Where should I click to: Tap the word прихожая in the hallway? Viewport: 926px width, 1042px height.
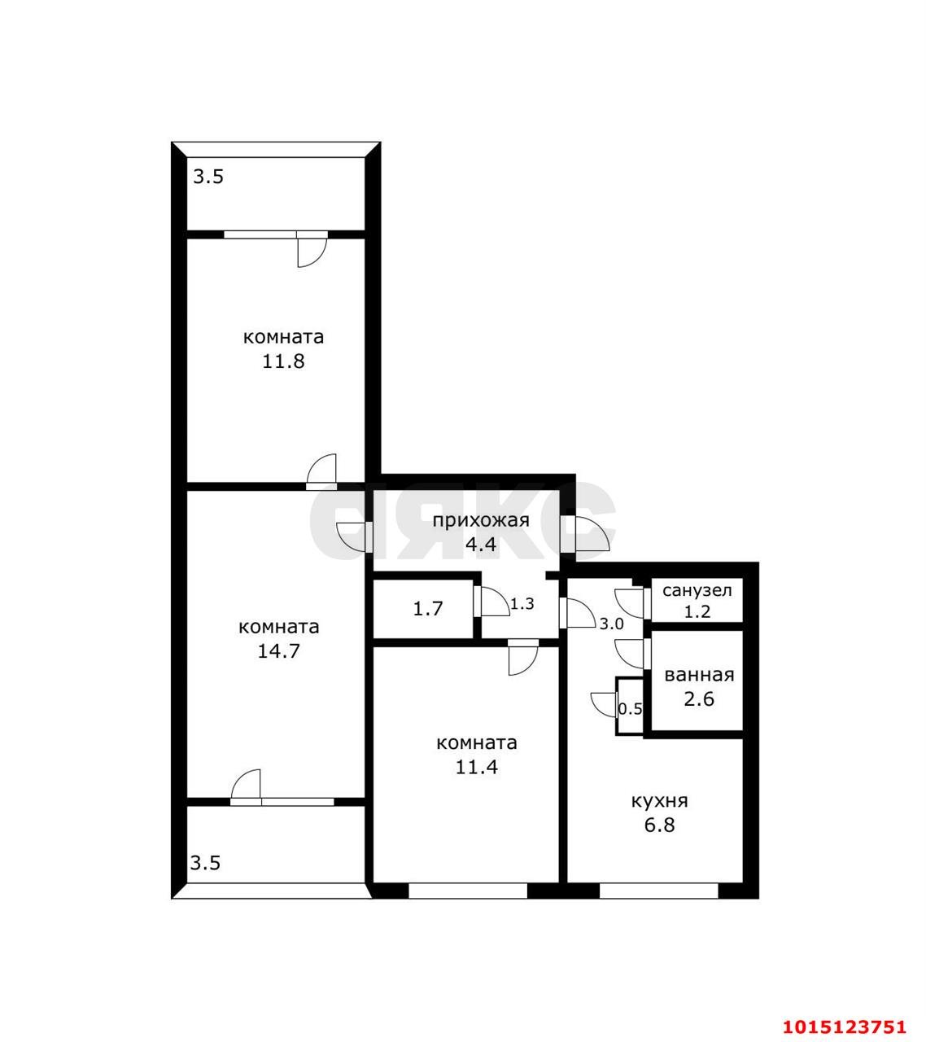[x=481, y=521]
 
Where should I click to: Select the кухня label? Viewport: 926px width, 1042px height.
[x=659, y=801]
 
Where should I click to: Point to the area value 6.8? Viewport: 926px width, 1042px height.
[x=659, y=825]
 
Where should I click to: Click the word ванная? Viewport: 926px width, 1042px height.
[x=699, y=676]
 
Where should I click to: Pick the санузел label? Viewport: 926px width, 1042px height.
[x=697, y=591]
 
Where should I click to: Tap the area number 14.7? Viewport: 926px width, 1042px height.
[x=278, y=651]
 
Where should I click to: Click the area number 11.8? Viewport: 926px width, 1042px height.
[x=283, y=361]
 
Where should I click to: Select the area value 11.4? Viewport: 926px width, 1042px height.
[x=477, y=768]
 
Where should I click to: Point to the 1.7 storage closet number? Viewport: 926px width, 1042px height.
[x=428, y=609]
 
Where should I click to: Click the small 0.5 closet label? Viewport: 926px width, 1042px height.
[x=631, y=709]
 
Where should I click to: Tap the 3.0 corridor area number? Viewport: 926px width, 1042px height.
[x=611, y=624]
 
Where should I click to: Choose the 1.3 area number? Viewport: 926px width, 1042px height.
[x=522, y=604]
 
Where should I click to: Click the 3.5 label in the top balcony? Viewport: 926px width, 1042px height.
[x=208, y=177]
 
